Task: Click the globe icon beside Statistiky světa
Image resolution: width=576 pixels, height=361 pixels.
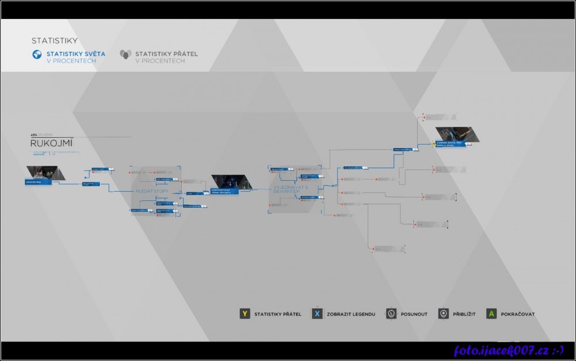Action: click(x=37, y=55)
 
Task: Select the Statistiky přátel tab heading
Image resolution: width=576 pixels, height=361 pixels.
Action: click(x=166, y=54)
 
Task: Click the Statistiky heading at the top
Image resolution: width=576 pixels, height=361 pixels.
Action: click(x=55, y=41)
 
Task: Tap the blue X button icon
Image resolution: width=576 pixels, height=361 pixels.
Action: click(x=317, y=314)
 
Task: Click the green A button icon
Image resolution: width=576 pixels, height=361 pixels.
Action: click(x=491, y=314)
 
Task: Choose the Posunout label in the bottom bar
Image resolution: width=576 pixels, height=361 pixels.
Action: click(x=414, y=315)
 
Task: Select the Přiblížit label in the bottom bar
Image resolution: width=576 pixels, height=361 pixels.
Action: click(x=464, y=315)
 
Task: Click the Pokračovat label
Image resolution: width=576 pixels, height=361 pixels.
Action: click(x=517, y=315)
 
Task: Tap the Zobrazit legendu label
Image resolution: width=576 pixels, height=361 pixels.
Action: click(x=351, y=315)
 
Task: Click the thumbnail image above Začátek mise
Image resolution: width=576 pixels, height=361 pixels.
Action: click(x=45, y=172)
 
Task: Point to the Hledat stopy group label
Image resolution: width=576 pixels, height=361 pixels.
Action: click(x=152, y=191)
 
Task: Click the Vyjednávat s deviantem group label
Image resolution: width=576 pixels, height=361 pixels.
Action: click(x=290, y=190)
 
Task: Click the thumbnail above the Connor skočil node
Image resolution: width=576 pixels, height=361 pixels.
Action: click(x=457, y=134)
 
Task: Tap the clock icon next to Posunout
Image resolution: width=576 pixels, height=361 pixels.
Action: click(x=391, y=314)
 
